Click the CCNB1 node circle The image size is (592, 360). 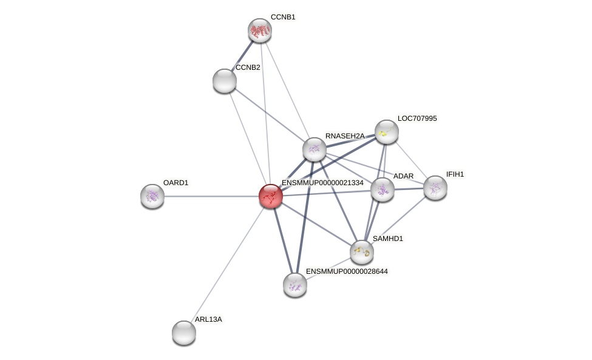[260, 30]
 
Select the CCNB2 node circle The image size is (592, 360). [225, 81]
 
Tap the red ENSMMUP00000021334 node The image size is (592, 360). [271, 196]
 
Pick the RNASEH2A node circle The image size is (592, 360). [315, 149]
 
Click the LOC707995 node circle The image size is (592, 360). [387, 132]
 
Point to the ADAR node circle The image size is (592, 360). [383, 189]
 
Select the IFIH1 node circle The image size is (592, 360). [435, 188]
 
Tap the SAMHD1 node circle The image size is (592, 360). [362, 252]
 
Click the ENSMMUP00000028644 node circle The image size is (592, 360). [295, 285]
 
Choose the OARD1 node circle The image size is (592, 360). [152, 196]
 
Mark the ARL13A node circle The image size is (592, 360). [184, 333]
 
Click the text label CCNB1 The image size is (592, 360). [283, 17]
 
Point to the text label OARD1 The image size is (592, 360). [175, 183]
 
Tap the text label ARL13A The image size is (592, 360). [208, 319]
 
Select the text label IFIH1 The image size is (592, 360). [455, 174]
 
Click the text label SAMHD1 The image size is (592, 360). [387, 239]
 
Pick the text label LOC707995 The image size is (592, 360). [417, 118]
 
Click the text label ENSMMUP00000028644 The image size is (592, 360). [347, 271]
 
